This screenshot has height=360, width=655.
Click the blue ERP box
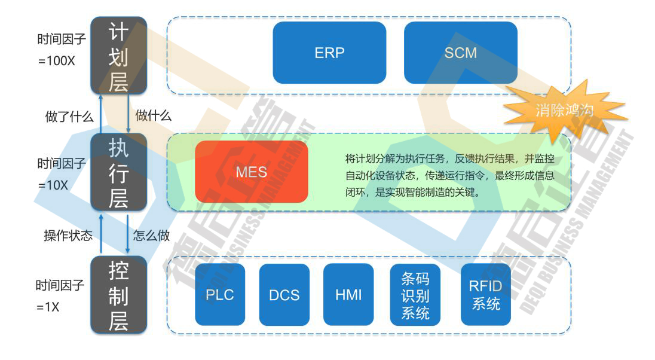pos(329,53)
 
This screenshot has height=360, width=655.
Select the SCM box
pos(460,53)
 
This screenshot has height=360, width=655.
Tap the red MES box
pos(251,172)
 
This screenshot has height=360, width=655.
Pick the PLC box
pos(220,295)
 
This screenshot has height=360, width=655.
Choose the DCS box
pos(284,295)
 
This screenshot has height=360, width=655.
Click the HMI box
pos(348,295)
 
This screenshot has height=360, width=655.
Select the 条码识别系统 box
pos(415,295)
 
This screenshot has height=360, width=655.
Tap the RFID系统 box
pos(485,295)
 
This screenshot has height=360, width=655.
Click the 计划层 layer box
pos(118,56)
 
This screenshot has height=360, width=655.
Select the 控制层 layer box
pos(118,295)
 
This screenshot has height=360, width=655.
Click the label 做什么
pos(154,116)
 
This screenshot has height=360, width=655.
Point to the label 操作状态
pos(68,236)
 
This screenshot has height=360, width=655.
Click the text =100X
pos(56,62)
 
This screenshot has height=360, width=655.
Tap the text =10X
pos(53,185)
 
